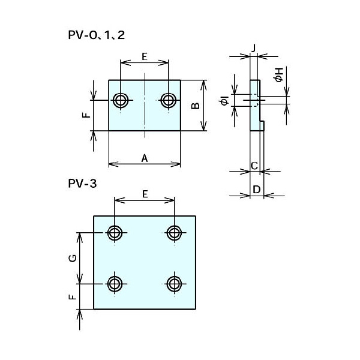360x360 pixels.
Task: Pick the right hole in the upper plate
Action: click(169, 100)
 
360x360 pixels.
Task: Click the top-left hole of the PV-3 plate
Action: click(115, 232)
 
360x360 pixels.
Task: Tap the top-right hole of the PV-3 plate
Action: click(175, 232)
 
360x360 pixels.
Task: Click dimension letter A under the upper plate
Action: click(144, 158)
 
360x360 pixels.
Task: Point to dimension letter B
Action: click(195, 106)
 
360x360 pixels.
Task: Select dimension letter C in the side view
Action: click(254, 165)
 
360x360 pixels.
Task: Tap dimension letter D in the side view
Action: click(256, 190)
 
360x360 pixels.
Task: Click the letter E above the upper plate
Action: click(145, 56)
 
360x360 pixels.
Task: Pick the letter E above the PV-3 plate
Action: click(145, 194)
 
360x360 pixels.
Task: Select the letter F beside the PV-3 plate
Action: click(72, 296)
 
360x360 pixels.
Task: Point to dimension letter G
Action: click(72, 258)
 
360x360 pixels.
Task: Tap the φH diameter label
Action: click(278, 74)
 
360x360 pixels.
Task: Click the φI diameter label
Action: click(224, 101)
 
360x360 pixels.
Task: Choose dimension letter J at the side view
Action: click(254, 47)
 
